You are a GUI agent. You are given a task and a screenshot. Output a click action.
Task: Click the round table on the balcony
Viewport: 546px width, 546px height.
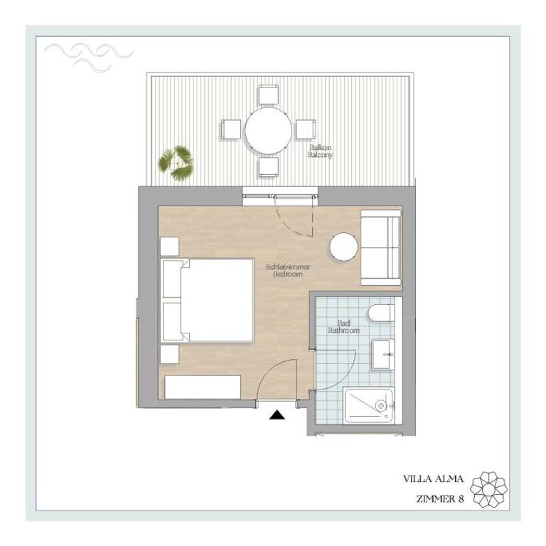pyautogui.click(x=268, y=131)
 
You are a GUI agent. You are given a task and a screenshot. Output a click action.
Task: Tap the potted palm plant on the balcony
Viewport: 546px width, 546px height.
pyautogui.click(x=176, y=163)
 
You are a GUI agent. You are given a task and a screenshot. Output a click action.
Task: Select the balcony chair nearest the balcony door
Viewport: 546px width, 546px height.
pyautogui.click(x=269, y=167)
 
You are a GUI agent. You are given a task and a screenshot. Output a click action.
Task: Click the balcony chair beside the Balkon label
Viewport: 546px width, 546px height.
pyautogui.click(x=306, y=129)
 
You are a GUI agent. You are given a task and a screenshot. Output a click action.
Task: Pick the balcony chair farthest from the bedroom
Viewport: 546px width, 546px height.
pyautogui.click(x=268, y=95)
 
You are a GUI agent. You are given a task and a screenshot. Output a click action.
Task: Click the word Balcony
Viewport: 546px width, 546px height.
pyautogui.click(x=320, y=155)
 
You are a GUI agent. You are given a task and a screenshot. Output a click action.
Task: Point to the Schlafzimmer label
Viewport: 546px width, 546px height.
pyautogui.click(x=288, y=267)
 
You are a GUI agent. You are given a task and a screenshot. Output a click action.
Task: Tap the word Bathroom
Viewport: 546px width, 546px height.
pyautogui.click(x=343, y=330)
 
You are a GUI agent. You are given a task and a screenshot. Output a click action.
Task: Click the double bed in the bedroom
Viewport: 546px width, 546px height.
pyautogui.click(x=208, y=300)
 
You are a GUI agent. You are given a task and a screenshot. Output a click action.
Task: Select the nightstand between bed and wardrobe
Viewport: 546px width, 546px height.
pyautogui.click(x=170, y=355)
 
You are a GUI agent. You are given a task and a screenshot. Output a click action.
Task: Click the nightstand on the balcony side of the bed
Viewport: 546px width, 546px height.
pyautogui.click(x=170, y=247)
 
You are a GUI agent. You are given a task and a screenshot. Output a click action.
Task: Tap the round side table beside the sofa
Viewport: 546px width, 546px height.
pyautogui.click(x=343, y=247)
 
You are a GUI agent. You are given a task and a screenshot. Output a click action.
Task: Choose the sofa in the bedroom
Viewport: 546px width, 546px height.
pyautogui.click(x=380, y=247)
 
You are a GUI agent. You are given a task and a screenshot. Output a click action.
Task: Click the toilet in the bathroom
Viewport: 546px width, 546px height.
pyautogui.click(x=381, y=313)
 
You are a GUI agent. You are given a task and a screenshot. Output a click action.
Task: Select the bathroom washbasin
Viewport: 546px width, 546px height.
pyautogui.click(x=382, y=354)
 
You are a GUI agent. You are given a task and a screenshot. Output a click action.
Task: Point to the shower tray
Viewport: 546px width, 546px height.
pyautogui.click(x=369, y=406)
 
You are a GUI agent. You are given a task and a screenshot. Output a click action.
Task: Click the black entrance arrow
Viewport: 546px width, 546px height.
pyautogui.click(x=277, y=414)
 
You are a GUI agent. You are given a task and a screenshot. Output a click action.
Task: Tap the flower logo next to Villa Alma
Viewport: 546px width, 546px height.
pyautogui.click(x=488, y=489)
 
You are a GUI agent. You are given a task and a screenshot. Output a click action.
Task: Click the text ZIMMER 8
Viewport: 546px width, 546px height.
pyautogui.click(x=440, y=499)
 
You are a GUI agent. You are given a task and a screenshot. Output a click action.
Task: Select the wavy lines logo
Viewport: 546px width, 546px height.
pyautogui.click(x=89, y=58)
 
